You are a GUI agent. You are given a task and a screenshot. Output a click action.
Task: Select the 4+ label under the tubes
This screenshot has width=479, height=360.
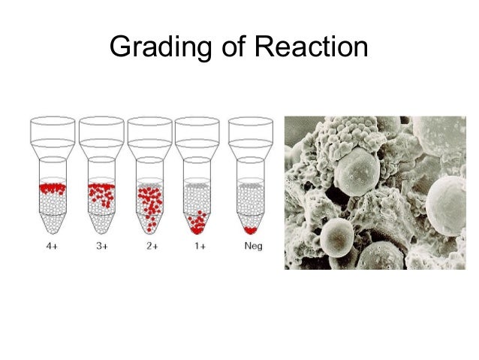tap(52, 247)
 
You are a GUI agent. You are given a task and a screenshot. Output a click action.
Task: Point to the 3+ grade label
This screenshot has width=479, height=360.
tap(101, 247)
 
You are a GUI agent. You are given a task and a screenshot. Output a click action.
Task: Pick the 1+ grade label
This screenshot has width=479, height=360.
tap(199, 247)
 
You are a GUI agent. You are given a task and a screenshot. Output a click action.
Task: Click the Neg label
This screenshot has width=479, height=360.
tap(252, 247)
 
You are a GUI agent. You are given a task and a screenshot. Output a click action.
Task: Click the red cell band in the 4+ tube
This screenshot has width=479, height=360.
tap(53, 187)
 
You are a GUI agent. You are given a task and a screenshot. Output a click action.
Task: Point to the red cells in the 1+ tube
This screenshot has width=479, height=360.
tap(197, 222)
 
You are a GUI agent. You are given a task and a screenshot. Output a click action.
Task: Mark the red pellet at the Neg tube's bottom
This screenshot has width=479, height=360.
tap(251, 228)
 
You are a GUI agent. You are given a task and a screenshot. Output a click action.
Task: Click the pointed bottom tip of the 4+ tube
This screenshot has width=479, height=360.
tap(52, 230)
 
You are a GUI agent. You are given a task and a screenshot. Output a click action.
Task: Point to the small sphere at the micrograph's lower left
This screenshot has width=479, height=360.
tap(335, 240)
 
